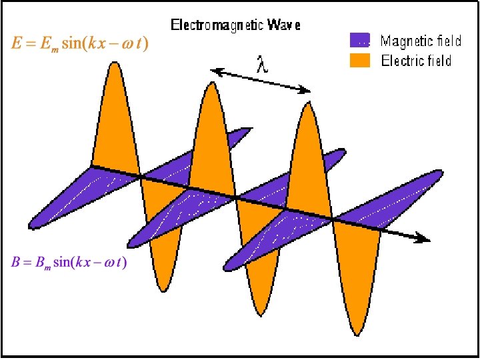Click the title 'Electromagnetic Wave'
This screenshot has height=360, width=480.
pyautogui.click(x=236, y=25)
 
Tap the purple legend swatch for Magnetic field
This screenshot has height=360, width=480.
pyautogui.click(x=359, y=41)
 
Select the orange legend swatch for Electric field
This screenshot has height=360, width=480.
pyautogui.click(x=359, y=61)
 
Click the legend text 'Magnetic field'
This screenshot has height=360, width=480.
pyautogui.click(x=421, y=41)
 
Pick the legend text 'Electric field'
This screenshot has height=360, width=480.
pyautogui.click(x=416, y=61)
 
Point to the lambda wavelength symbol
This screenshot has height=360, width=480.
pyautogui.click(x=263, y=65)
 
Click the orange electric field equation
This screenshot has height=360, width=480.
pyautogui.click(x=80, y=45)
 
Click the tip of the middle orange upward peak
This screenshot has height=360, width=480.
pyautogui.click(x=211, y=83)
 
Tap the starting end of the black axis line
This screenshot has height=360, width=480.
pyautogui.click(x=92, y=165)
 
